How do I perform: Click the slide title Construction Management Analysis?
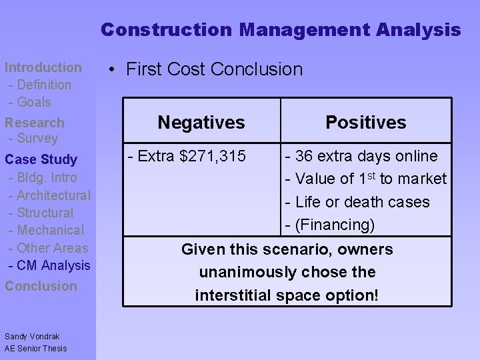[x=281, y=30]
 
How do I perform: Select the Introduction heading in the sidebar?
[x=43, y=67]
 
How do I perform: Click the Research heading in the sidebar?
[x=35, y=123]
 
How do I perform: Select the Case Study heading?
[x=41, y=160]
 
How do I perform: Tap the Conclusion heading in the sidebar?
[x=41, y=286]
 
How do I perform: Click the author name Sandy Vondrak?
[x=33, y=337]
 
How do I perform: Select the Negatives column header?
[x=201, y=123]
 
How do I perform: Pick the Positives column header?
[x=365, y=123]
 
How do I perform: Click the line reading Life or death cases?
[x=362, y=202]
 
